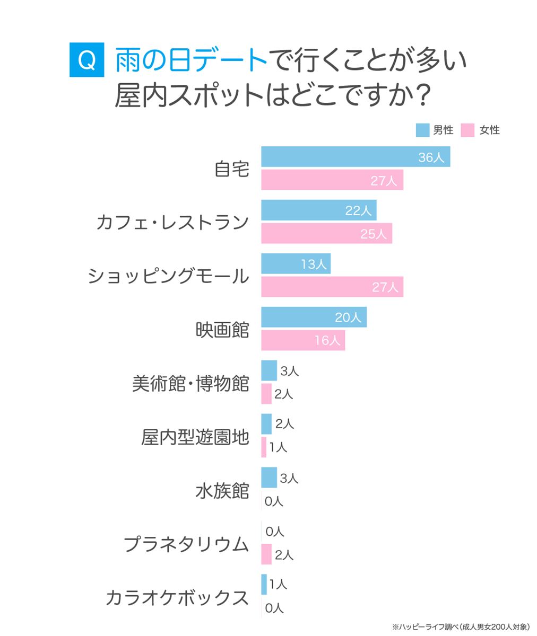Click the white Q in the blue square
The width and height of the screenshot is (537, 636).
pos(86,60)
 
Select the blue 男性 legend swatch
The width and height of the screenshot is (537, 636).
pos(422,130)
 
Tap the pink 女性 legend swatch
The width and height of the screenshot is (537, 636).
pos(467,130)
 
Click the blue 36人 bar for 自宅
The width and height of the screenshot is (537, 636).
pos(356,156)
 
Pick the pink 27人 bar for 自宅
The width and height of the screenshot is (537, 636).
pos(332,180)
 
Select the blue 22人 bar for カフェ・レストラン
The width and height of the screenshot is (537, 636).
pos(319,210)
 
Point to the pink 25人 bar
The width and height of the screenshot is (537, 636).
pos(326,233)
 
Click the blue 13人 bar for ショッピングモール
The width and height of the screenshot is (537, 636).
pos(296,263)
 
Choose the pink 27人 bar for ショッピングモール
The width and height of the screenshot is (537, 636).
pos(332,287)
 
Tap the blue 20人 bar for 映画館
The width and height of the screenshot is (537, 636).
pos(314,317)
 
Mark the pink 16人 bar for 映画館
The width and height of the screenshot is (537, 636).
pos(303,340)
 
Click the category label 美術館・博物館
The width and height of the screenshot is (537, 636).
pos(190,383)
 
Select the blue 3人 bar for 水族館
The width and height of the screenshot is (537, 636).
pos(269,478)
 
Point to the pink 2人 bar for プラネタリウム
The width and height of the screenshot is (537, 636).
pos(266,554)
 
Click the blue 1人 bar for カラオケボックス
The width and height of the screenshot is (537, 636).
pos(264,584)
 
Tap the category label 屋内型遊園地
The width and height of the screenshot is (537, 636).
pos(195,437)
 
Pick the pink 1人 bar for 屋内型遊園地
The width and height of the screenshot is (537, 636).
pos(264,447)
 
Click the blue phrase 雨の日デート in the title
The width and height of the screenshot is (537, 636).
pos(191,60)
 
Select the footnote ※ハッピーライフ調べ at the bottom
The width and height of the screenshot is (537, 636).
pos(426,627)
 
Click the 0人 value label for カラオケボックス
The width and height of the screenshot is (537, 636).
pos(274,608)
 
